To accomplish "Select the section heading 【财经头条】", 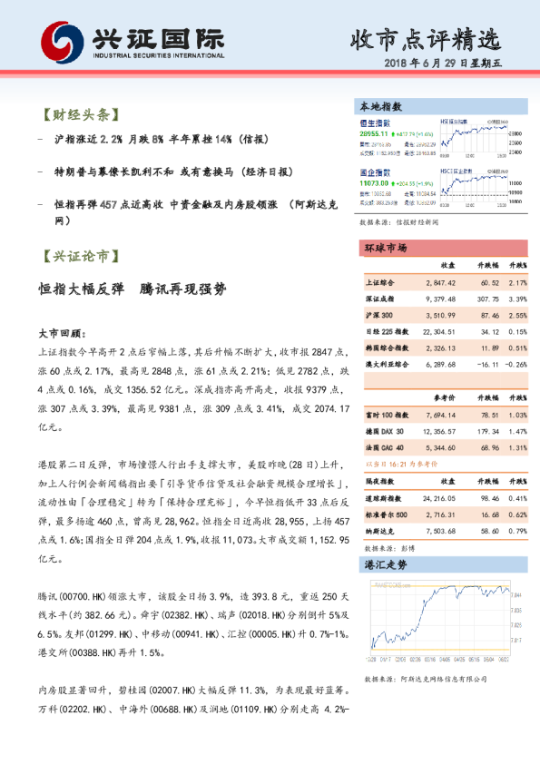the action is [x=80, y=115].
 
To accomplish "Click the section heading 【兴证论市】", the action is [x=80, y=257].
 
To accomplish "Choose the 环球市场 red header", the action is [x=386, y=248].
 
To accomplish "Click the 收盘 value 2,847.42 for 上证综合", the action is [x=438, y=283].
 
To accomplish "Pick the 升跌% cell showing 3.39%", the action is [x=517, y=299].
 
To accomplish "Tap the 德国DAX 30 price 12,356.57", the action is [x=438, y=429].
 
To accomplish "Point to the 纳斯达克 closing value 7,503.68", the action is [x=438, y=530].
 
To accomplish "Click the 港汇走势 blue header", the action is [x=386, y=564].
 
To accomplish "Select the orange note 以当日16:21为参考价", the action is [x=399, y=464].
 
